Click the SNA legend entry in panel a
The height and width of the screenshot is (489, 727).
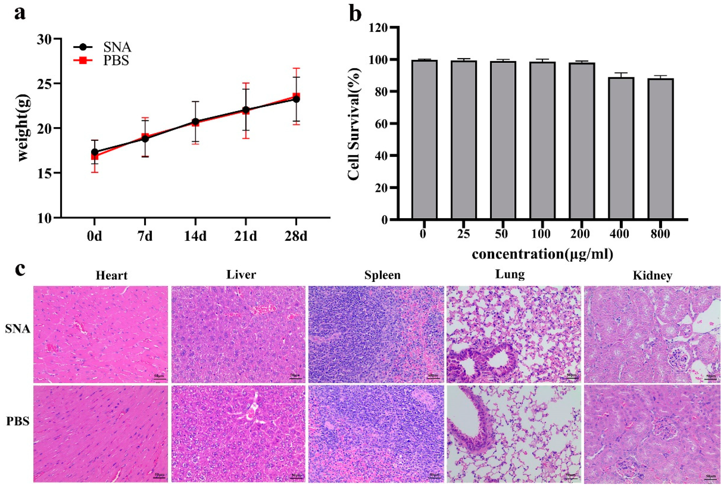117,47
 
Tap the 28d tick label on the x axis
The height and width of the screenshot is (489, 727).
296,236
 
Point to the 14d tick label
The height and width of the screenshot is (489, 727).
195,236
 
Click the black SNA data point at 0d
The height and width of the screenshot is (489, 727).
95,152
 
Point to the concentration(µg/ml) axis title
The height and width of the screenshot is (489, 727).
542,254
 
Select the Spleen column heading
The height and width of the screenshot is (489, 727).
382,275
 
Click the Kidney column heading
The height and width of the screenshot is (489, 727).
652,276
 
